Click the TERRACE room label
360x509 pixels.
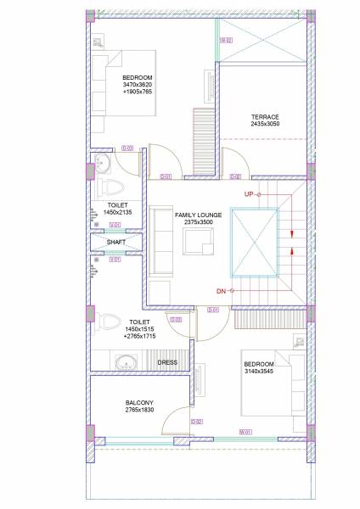pos(264,116)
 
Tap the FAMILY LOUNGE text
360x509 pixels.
pos(199,215)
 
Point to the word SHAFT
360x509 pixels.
pos(116,242)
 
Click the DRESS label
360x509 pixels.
pos(167,362)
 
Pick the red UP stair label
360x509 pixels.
pos(249,194)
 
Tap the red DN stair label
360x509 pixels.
pos(221,291)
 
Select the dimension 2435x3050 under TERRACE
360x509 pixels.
pos(264,124)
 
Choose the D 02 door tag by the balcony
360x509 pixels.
pos(196,420)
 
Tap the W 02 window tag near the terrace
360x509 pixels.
pos(227,40)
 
